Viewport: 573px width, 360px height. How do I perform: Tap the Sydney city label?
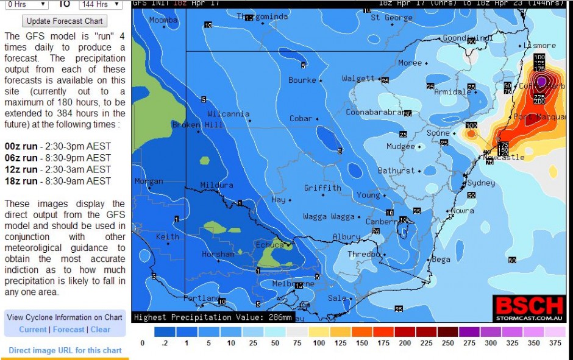click(481, 183)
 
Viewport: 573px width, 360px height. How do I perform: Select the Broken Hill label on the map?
click(194, 125)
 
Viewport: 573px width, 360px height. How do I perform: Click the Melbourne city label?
click(293, 284)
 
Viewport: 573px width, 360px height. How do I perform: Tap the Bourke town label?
click(302, 80)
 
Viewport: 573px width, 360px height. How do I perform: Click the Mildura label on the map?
click(216, 185)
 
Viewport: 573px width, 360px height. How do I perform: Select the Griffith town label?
click(322, 188)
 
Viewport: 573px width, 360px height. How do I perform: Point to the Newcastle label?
click(504, 158)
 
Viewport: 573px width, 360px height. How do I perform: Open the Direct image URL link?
click(65, 350)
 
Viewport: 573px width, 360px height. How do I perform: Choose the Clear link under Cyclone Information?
click(101, 330)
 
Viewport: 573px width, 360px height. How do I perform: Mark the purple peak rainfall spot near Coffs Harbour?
click(541, 81)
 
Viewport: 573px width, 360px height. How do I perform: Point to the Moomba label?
click(163, 20)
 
